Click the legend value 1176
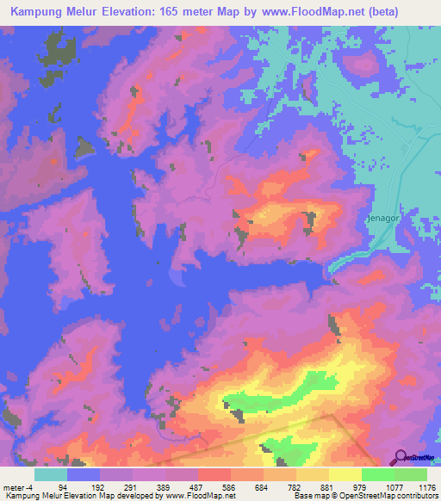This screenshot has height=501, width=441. coord(425,486)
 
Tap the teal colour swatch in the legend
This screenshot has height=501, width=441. coord(51,474)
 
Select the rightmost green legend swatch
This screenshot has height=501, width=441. coord(411,474)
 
